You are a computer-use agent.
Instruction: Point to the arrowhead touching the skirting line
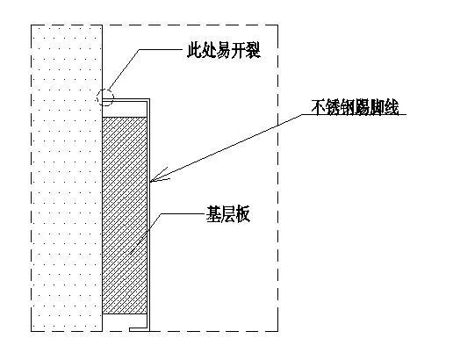click(155, 181)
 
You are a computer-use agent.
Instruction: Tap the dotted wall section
click(66, 176)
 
